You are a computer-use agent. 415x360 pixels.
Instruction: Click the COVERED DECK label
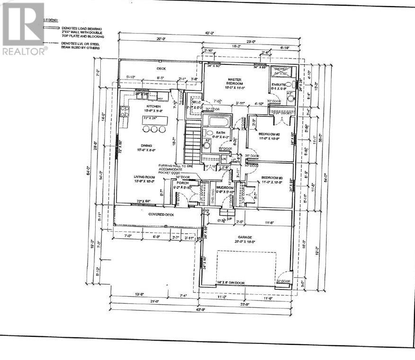pyautogui.click(x=149, y=214)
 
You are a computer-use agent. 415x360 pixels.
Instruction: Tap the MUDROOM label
pyautogui.click(x=225, y=188)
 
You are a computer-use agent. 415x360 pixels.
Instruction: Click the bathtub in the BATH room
pyautogui.click(x=219, y=121)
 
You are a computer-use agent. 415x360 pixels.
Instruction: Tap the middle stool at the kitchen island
pyautogui.click(x=153, y=130)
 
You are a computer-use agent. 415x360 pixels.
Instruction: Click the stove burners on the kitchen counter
pyautogui.click(x=125, y=112)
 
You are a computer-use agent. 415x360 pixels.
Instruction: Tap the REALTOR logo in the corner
pyautogui.click(x=25, y=28)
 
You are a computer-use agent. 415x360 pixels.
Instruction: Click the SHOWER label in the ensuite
pyautogui.click(x=281, y=69)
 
